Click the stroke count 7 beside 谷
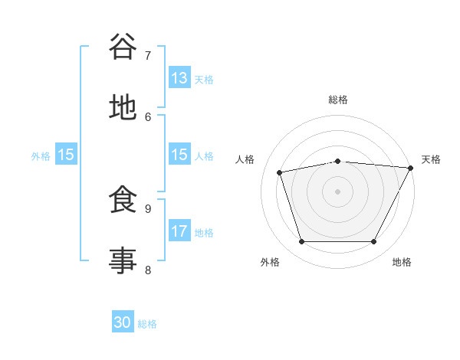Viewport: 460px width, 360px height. click(x=148, y=55)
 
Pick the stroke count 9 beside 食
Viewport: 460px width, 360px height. click(x=148, y=208)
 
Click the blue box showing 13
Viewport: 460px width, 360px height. click(x=179, y=78)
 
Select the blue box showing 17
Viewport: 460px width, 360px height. click(x=179, y=231)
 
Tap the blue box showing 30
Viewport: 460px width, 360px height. click(x=123, y=322)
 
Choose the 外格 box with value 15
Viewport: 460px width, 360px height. click(x=66, y=155)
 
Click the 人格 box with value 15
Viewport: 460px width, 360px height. click(x=179, y=155)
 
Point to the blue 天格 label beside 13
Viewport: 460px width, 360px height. click(x=203, y=79)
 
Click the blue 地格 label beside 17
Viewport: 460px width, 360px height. click(x=203, y=232)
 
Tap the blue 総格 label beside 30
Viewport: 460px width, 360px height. click(x=147, y=323)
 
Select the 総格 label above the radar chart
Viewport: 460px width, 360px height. click(x=337, y=100)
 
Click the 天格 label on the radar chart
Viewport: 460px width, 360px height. click(x=431, y=159)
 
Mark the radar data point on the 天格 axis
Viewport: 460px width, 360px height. click(x=411, y=168)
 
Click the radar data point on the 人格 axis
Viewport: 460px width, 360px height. click(x=280, y=172)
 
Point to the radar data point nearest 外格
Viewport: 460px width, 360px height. click(x=301, y=242)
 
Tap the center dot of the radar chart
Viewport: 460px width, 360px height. click(x=337, y=191)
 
